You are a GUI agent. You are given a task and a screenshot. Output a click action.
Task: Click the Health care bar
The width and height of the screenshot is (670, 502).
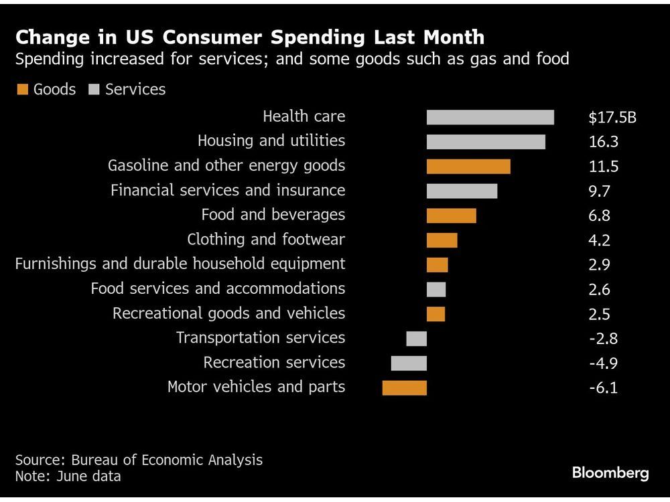pos(490,117)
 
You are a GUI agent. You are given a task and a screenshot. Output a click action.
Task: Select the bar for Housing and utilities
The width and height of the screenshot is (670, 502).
pos(486,142)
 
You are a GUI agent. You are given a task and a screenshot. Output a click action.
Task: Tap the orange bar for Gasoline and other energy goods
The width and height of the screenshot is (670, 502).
pos(468,167)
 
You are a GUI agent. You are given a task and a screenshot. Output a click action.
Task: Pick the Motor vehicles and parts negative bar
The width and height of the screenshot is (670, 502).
pos(404,388)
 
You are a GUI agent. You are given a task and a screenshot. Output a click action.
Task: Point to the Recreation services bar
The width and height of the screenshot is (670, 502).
pos(409,363)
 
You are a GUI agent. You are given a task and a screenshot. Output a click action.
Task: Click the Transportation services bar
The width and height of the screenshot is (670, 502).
pos(416,339)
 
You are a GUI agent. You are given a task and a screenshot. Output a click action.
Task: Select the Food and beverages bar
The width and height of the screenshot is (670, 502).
pos(451,216)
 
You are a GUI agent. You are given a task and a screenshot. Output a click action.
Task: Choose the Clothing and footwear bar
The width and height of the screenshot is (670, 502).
pos(442,240)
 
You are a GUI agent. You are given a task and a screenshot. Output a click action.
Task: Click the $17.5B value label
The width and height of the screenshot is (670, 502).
pos(612,118)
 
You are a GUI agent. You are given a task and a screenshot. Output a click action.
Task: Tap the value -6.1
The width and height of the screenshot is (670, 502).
pos(603,388)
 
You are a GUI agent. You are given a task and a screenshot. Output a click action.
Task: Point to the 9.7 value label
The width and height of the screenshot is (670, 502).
pos(599,191)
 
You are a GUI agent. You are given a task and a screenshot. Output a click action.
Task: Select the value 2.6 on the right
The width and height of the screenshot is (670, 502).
pos(599,289)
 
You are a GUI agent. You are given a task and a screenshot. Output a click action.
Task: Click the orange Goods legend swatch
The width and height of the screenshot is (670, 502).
pos(23,90)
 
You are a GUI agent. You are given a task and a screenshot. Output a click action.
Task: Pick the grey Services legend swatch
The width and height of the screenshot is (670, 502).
pos(94,90)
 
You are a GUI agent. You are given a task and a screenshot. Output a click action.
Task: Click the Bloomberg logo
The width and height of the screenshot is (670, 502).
pos(610,473)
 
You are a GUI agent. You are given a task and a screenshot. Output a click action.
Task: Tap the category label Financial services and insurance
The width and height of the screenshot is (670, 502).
pos(228,190)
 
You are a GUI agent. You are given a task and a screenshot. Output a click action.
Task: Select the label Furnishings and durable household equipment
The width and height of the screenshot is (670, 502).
pos(180,264)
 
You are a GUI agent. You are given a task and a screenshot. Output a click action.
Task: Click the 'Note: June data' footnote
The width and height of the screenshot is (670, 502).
pos(68,477)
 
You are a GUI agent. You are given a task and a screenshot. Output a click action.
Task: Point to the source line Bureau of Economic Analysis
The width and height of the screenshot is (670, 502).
pos(139,460)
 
